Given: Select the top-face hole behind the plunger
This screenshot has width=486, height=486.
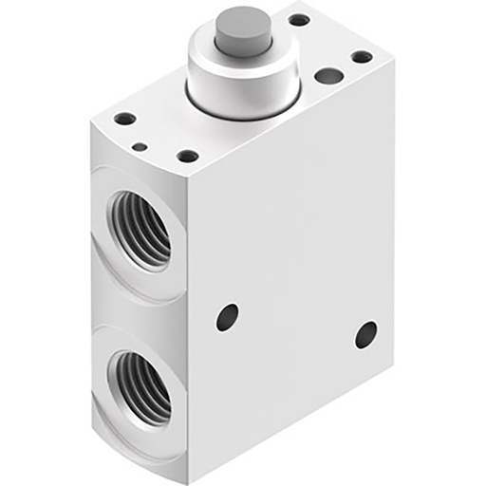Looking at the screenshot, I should [x=299, y=19].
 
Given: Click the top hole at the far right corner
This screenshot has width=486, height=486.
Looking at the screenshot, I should [x=362, y=57].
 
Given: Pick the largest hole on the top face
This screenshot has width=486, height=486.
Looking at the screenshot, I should [x=328, y=76].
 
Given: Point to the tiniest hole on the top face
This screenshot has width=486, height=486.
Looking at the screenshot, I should [x=140, y=147].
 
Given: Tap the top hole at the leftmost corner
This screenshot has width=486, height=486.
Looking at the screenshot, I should [x=124, y=121].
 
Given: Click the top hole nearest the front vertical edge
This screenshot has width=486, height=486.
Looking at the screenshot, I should [x=188, y=156].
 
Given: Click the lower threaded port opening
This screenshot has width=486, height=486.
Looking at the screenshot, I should [x=140, y=385].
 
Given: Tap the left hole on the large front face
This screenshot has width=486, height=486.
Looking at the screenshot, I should [x=227, y=317].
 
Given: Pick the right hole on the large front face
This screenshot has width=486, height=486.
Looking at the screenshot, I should [x=365, y=334].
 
